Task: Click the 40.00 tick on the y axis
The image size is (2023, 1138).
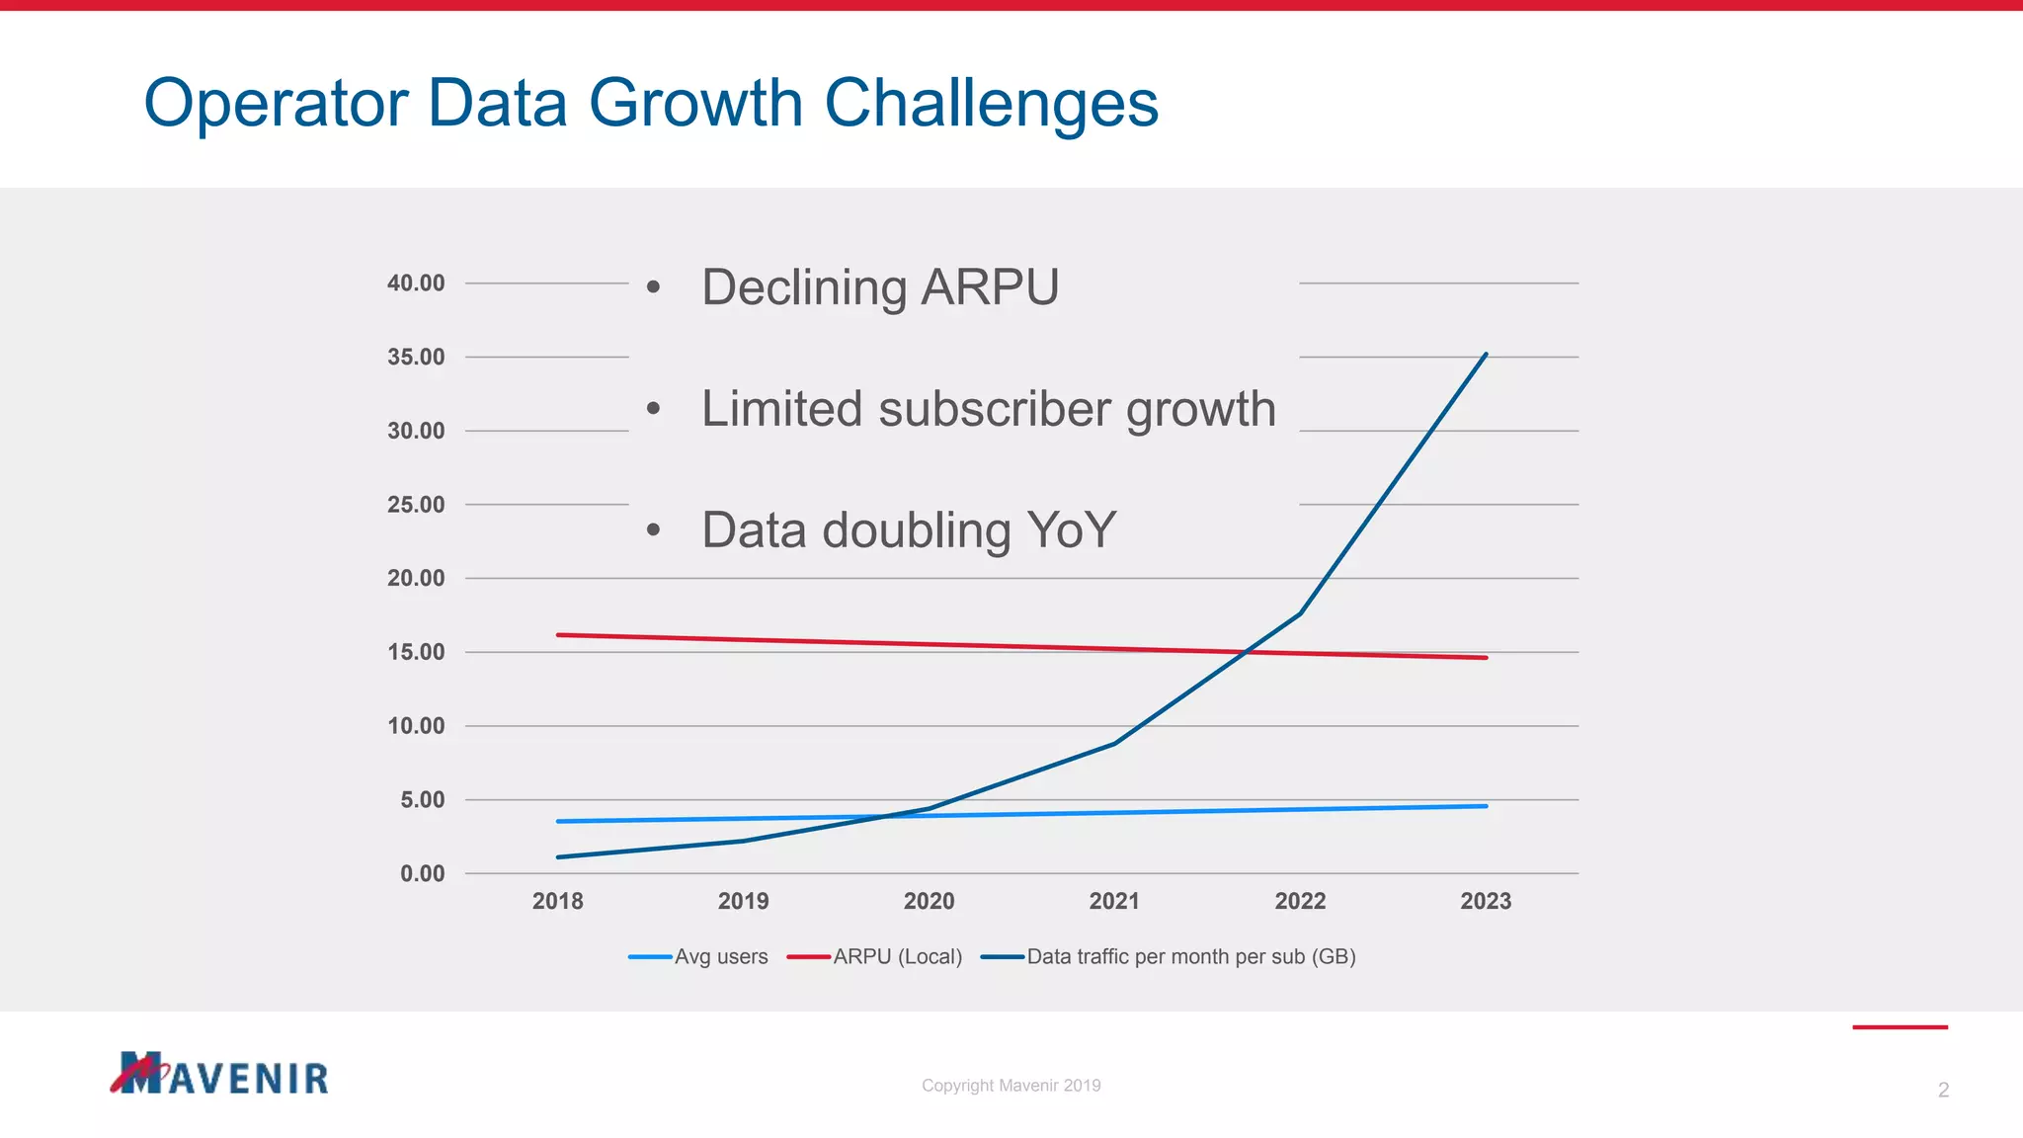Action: click(x=416, y=284)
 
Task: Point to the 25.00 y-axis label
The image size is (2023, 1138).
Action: click(x=416, y=505)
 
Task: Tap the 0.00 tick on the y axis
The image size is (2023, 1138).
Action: click(x=422, y=873)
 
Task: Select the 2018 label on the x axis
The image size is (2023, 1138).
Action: click(x=557, y=901)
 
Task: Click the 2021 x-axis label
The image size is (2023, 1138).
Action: click(x=1114, y=901)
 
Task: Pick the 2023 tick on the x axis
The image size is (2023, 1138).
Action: click(x=1486, y=901)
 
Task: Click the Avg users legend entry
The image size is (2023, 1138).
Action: click(x=720, y=956)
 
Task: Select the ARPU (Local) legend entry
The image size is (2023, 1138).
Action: click(x=897, y=956)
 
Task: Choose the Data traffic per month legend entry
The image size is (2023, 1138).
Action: click(x=1190, y=956)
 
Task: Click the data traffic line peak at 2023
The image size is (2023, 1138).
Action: click(x=1486, y=355)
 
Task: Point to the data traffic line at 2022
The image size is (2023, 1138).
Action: click(x=1300, y=613)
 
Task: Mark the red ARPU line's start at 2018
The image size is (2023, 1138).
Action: click(x=559, y=634)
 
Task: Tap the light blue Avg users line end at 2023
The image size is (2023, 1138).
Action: click(x=1485, y=806)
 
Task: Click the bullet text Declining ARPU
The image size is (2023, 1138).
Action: click(x=879, y=287)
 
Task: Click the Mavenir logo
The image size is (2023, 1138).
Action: click(x=219, y=1074)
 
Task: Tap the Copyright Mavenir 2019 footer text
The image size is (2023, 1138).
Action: click(x=1011, y=1086)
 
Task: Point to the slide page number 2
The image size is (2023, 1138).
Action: click(x=1943, y=1091)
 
